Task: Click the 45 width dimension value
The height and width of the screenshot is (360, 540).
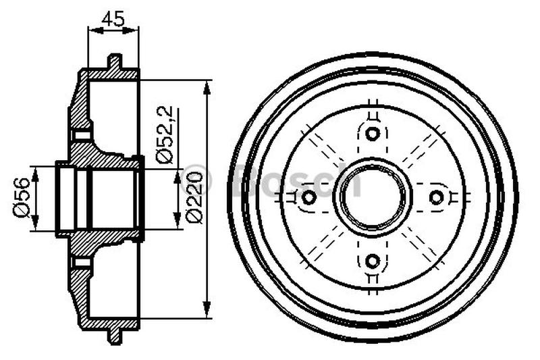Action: (113, 19)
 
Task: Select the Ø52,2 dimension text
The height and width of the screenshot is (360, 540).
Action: (165, 134)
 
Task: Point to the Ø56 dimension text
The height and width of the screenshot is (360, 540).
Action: (20, 197)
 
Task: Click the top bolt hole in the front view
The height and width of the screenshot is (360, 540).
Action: (372, 133)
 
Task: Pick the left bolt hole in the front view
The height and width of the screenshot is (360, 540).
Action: (308, 197)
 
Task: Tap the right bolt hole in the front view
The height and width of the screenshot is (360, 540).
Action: (436, 197)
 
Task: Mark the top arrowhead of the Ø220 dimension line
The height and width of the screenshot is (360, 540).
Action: (208, 85)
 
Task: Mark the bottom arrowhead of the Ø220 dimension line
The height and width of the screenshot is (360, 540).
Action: (208, 312)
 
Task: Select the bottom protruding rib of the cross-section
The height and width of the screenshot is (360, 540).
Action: (115, 336)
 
